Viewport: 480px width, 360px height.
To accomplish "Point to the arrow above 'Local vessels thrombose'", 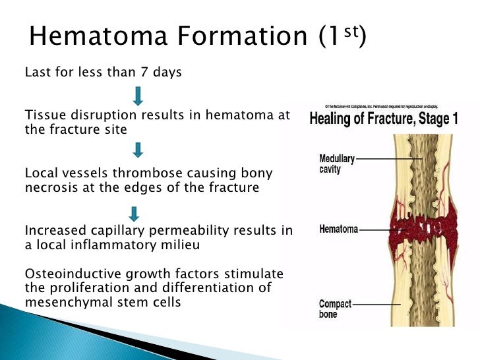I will (x=138, y=150).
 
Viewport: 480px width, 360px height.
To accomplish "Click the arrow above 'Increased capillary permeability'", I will (x=135, y=213).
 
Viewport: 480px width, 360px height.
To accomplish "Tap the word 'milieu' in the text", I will (x=201, y=245).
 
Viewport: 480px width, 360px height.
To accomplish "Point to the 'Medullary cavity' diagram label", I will (x=337, y=164).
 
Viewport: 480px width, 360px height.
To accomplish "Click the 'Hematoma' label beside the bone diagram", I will (x=338, y=229).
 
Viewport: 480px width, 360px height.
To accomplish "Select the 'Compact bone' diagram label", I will (x=336, y=309).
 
